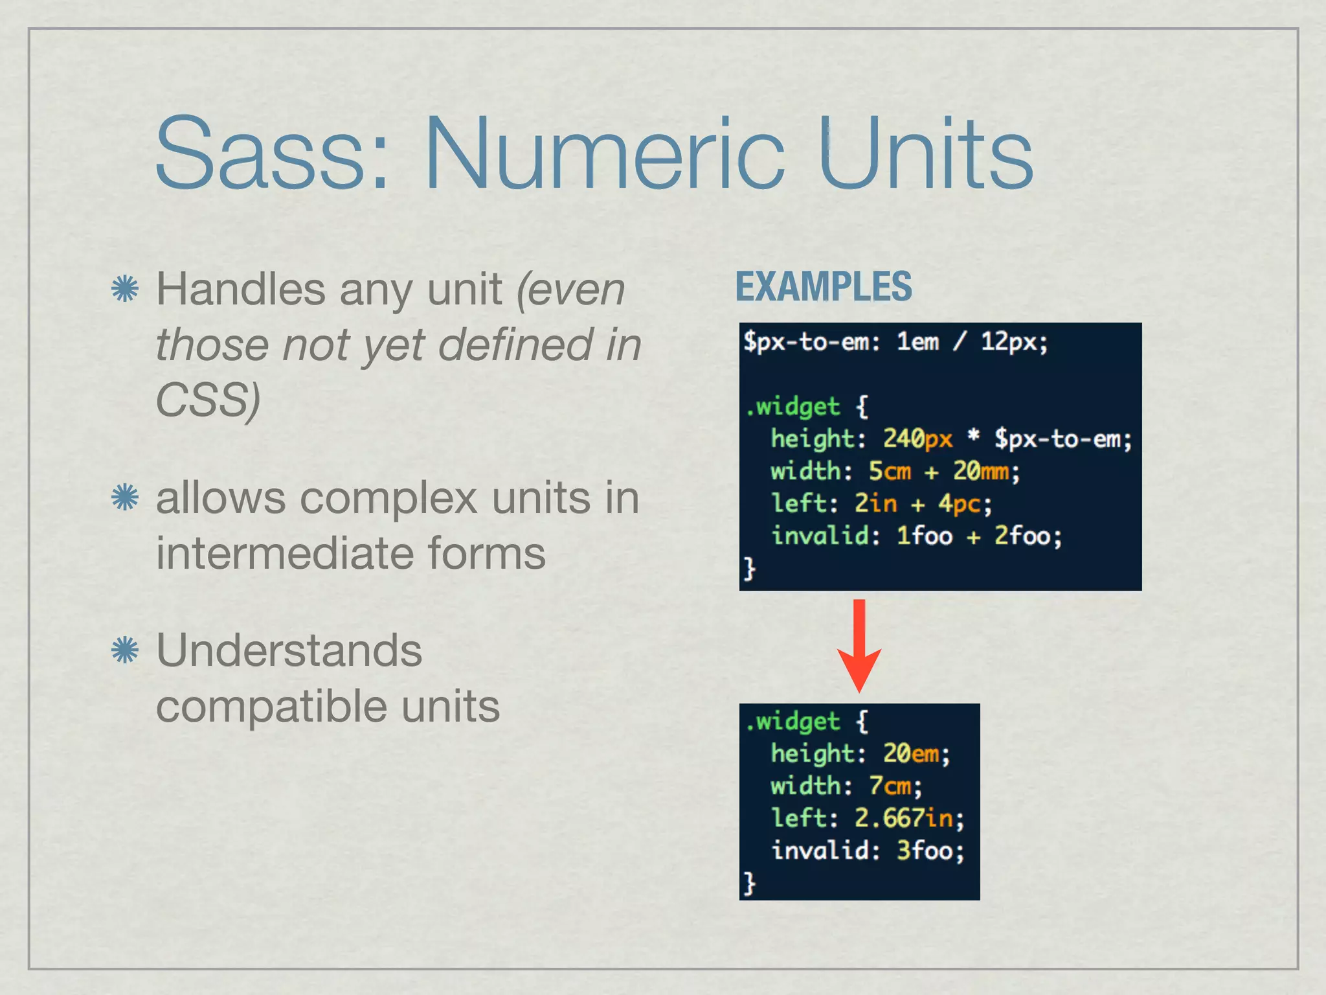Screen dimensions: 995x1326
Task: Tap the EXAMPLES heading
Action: point(823,286)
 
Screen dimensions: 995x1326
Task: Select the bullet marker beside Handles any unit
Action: point(125,289)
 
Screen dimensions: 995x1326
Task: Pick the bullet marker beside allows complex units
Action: point(125,498)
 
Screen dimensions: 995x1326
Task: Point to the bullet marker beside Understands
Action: point(125,650)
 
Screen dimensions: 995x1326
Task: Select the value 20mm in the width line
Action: point(980,471)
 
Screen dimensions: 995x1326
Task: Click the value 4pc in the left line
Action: point(960,503)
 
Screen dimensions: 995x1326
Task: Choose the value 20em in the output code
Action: point(910,753)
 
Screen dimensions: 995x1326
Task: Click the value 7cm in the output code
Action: point(890,786)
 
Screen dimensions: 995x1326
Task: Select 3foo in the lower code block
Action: point(924,851)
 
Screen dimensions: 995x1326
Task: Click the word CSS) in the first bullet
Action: point(208,400)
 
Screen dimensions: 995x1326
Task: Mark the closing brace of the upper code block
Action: point(749,568)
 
